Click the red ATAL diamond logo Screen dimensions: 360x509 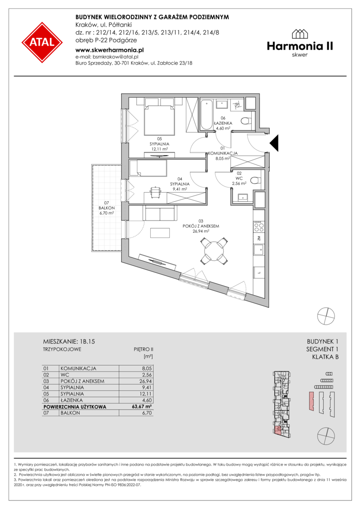pyautogui.click(x=42, y=42)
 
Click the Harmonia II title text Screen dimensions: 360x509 pyautogui.click(x=300, y=46)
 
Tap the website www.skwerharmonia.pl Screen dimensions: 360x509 pyautogui.click(x=109, y=50)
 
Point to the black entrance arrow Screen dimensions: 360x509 pyautogui.click(x=275, y=143)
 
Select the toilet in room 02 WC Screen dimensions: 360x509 pyautogui.click(x=255, y=179)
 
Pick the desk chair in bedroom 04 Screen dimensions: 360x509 pyautogui.click(x=155, y=191)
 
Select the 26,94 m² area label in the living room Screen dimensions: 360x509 pyautogui.click(x=201, y=231)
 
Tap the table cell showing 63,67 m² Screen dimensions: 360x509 pyautogui.click(x=140, y=406)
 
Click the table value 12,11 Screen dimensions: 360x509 pyautogui.click(x=146, y=394)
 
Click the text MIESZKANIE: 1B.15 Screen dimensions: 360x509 pyautogui.click(x=69, y=342)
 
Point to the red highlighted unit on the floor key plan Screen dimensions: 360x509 pyautogui.click(x=278, y=431)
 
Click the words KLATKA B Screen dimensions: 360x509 pyautogui.click(x=325, y=357)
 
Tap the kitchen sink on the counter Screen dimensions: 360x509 pyautogui.click(x=259, y=250)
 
